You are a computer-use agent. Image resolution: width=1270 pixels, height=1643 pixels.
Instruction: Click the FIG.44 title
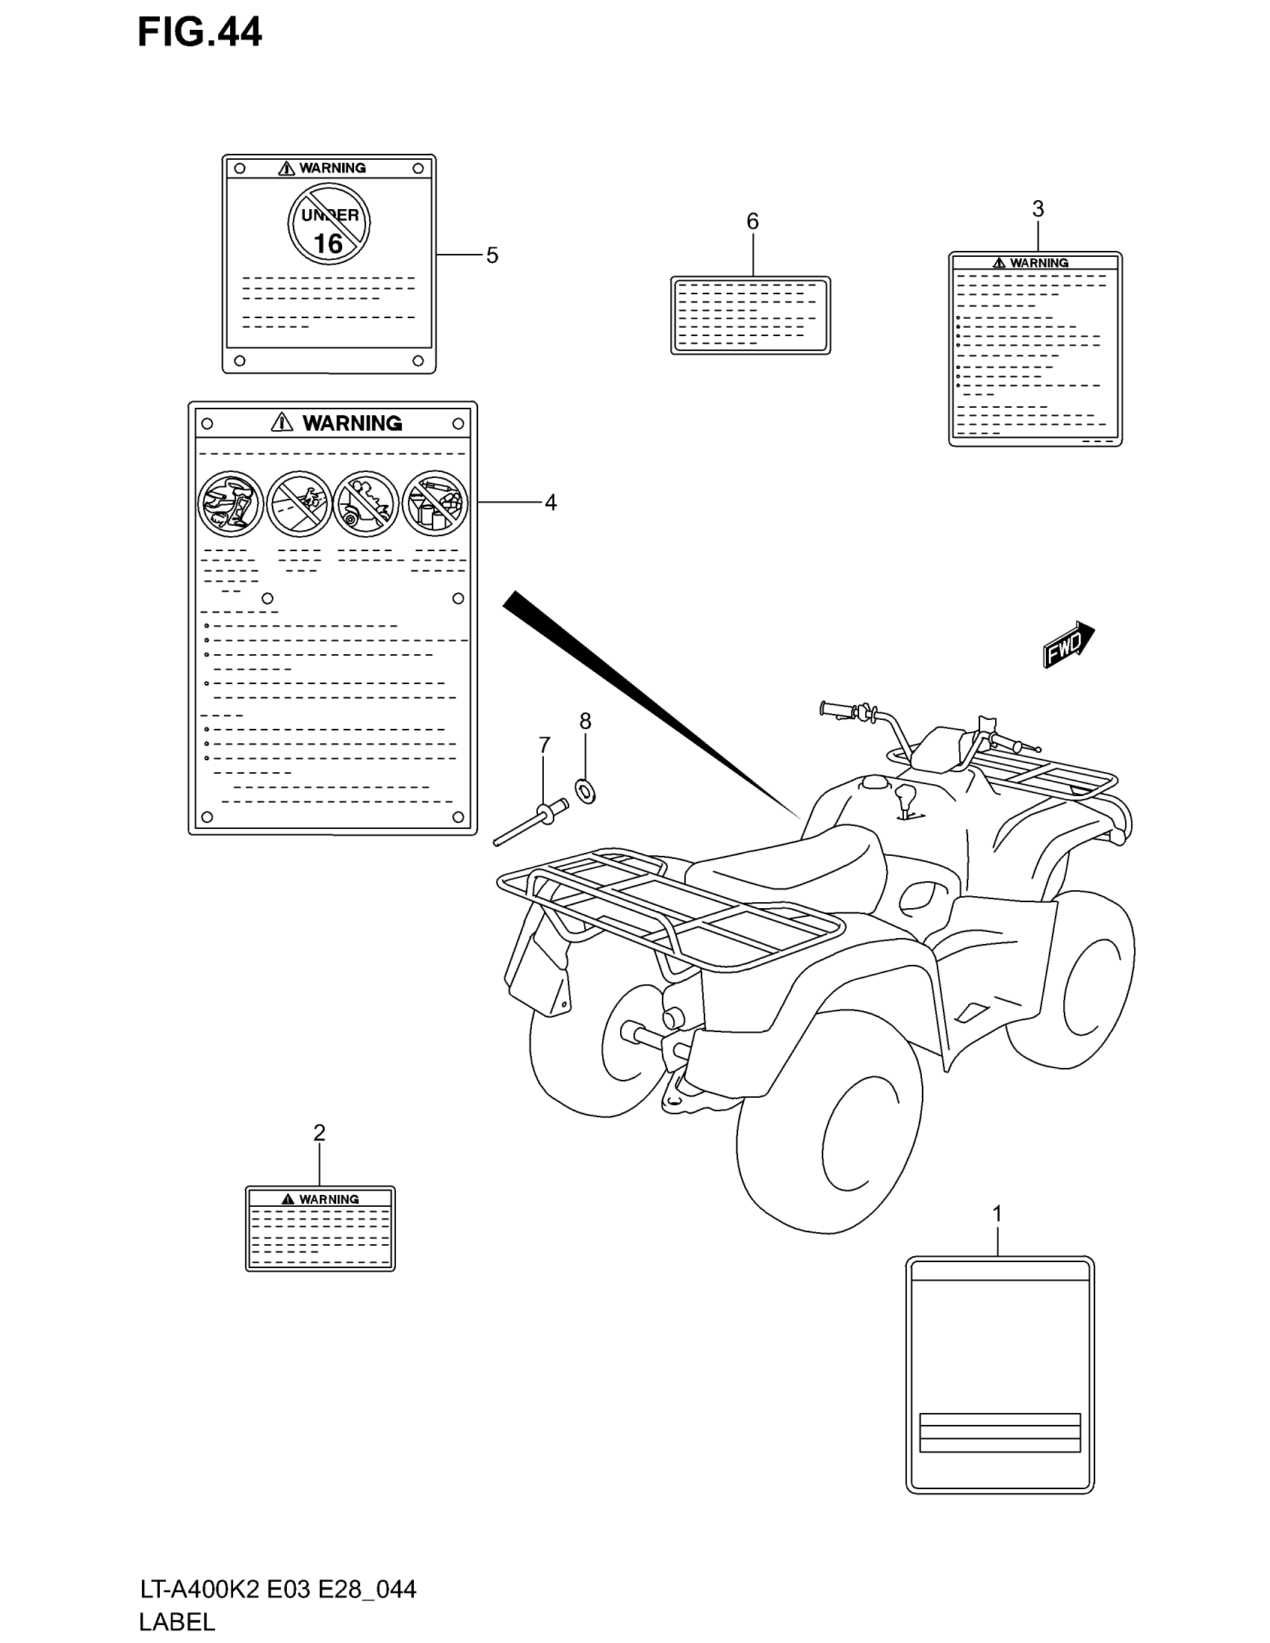point(199,33)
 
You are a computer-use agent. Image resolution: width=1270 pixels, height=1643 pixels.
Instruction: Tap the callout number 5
point(492,255)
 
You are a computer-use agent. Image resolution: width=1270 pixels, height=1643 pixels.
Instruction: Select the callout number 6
point(752,221)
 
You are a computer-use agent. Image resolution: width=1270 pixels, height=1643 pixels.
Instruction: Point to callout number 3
point(1038,209)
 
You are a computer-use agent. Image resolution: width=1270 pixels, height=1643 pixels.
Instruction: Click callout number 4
point(551,503)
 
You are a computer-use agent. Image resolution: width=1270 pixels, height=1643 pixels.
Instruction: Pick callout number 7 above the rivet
point(544,745)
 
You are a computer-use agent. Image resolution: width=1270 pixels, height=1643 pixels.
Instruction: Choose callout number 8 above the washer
point(586,721)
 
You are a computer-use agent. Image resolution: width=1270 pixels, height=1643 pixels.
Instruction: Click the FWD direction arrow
point(1068,644)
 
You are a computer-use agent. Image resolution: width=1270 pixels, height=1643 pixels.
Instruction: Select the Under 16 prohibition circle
point(329,223)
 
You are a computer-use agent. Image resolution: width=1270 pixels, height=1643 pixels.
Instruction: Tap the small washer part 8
point(586,791)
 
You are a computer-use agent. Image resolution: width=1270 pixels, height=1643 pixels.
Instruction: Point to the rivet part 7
point(531,823)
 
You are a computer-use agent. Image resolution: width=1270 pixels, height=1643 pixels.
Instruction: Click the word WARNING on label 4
point(351,423)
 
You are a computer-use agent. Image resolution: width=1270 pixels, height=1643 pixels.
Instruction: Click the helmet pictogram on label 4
point(230,503)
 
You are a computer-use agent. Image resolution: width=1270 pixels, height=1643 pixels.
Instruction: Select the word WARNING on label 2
point(329,1199)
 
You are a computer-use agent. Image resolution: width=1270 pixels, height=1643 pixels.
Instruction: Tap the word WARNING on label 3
point(1039,264)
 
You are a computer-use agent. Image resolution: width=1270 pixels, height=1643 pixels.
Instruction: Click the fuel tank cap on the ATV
point(875,783)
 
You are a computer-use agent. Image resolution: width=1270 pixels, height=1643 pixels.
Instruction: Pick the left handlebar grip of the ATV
point(837,709)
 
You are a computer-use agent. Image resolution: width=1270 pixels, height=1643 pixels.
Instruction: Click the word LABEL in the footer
point(178,1622)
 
